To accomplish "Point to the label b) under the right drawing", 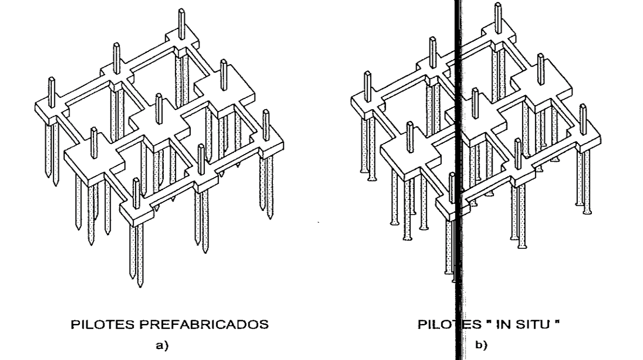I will coord(481,346).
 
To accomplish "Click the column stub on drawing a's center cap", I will coord(159,108).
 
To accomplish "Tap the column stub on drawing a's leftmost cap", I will coord(51,91).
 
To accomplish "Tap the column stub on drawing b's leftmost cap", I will coord(368,87).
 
